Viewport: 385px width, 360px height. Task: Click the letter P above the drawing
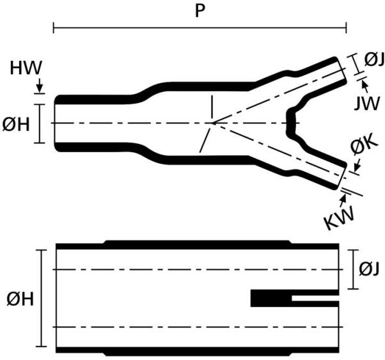200,12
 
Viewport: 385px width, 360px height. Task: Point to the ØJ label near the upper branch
373,60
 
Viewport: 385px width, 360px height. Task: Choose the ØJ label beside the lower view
369,269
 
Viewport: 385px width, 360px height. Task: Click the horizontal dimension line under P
200,28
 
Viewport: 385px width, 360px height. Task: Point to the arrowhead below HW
40,90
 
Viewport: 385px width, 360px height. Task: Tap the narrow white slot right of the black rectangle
315,299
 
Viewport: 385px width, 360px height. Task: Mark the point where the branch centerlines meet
212,122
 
